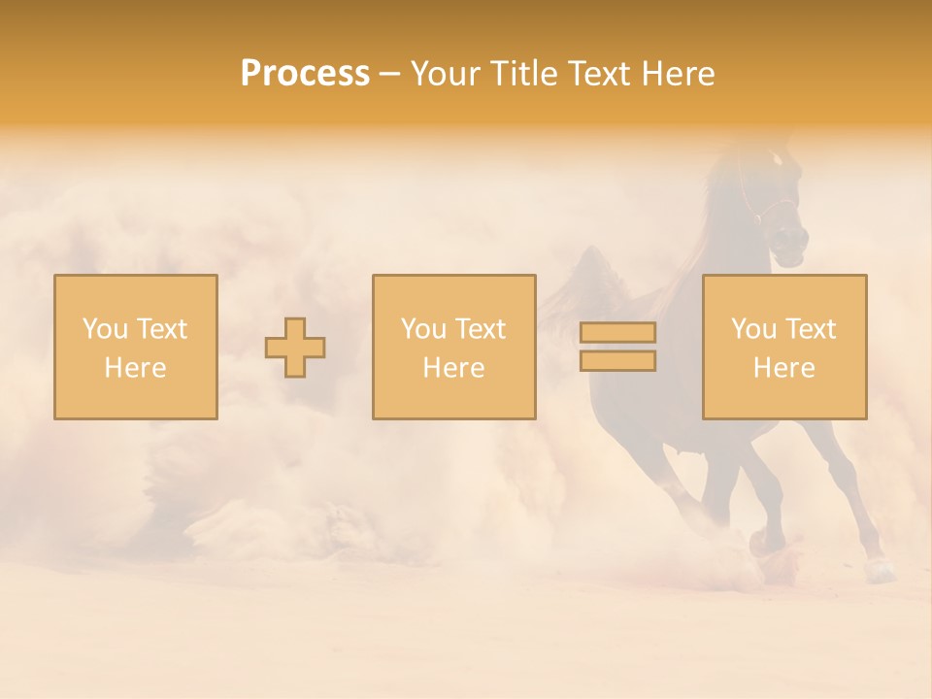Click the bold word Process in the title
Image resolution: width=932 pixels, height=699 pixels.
(305, 74)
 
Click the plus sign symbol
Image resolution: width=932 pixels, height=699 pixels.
(295, 348)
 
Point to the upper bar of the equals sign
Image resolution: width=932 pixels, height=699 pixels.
(617, 333)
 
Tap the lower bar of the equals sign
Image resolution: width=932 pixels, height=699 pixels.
(617, 361)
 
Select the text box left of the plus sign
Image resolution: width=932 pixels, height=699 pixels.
(136, 348)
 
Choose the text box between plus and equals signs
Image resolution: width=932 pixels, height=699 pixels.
(453, 348)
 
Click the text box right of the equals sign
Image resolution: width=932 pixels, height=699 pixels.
(784, 348)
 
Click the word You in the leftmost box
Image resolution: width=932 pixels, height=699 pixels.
(103, 329)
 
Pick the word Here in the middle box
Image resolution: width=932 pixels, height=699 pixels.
(453, 368)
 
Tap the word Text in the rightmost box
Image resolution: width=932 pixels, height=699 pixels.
(812, 329)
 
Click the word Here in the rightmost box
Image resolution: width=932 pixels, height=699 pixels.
(784, 368)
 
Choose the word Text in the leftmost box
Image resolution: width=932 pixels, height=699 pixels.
(162, 329)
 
